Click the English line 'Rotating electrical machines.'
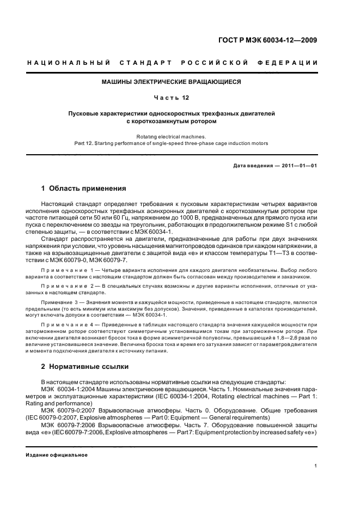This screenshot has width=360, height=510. (171, 136)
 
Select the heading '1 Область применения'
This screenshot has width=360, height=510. (83, 189)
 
